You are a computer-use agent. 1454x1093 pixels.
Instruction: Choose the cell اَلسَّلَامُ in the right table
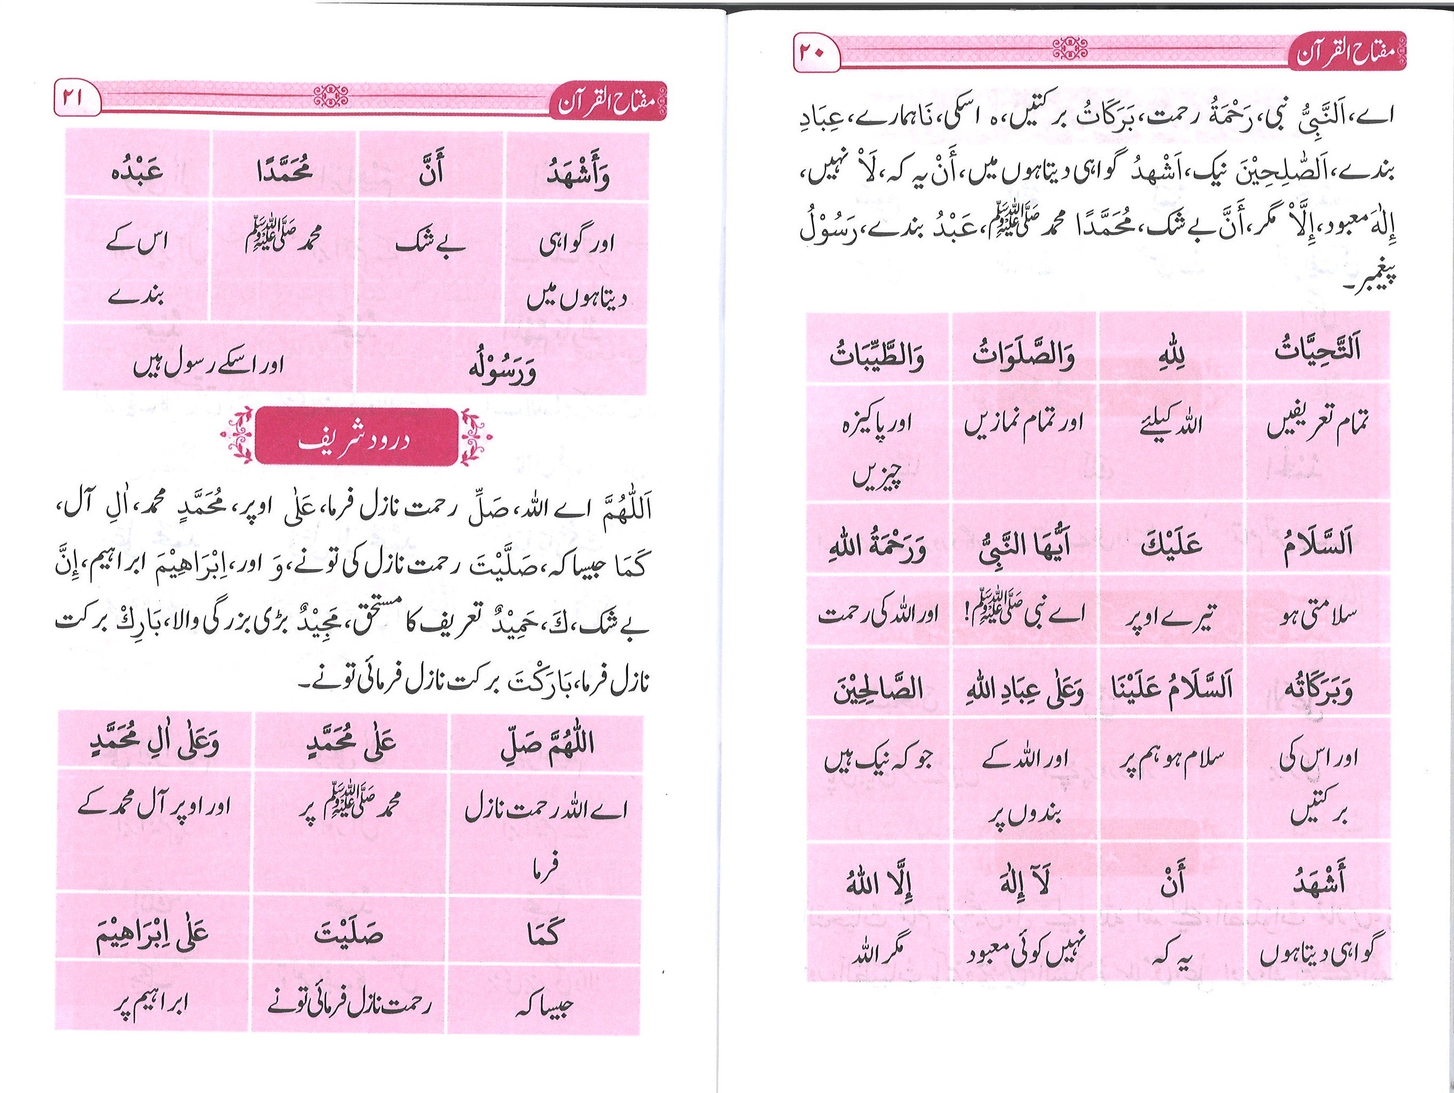coord(1317,544)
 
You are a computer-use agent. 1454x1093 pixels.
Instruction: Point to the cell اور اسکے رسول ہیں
coord(208,365)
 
